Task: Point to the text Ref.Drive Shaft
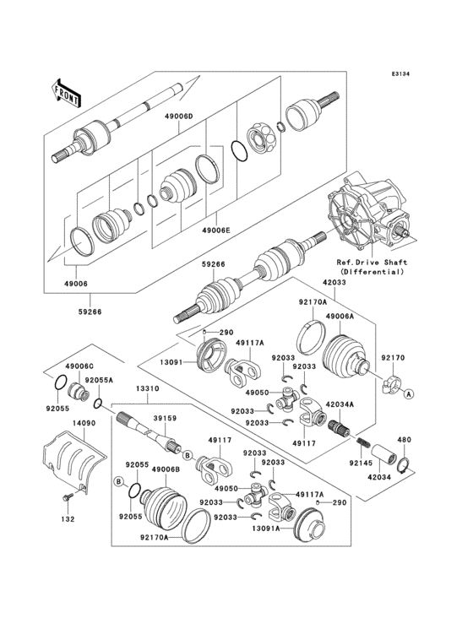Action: (373, 263)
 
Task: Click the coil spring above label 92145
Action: (362, 442)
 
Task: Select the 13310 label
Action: (148, 388)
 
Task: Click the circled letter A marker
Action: (408, 394)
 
